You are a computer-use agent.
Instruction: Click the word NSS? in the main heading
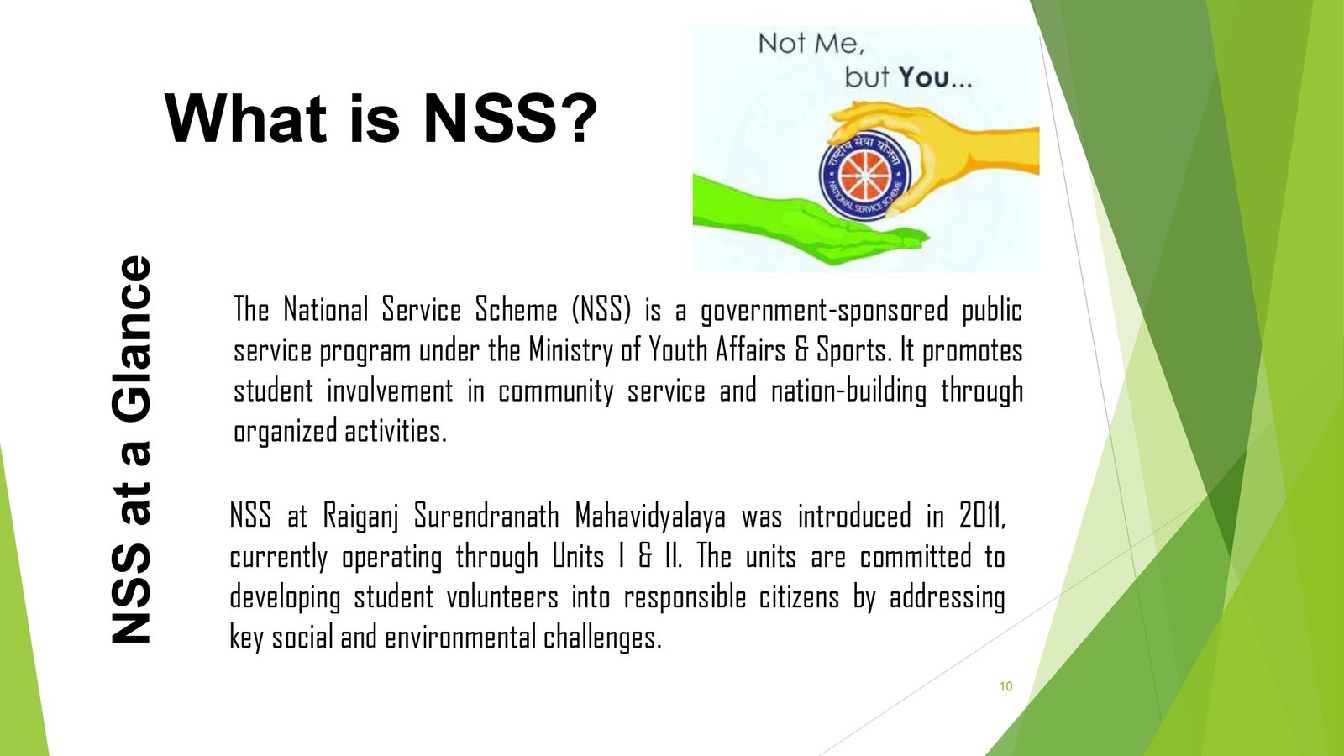(510, 118)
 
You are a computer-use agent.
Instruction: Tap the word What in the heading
(245, 118)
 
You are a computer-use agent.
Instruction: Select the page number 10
(1006, 686)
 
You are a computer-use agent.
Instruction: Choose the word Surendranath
(486, 516)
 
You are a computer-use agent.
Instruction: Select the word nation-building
(848, 391)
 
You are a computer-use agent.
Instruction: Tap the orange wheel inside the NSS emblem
(864, 176)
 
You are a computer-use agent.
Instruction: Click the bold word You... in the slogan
(935, 77)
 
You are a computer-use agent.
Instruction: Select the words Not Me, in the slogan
(811, 44)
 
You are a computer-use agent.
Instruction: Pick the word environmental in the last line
(459, 638)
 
